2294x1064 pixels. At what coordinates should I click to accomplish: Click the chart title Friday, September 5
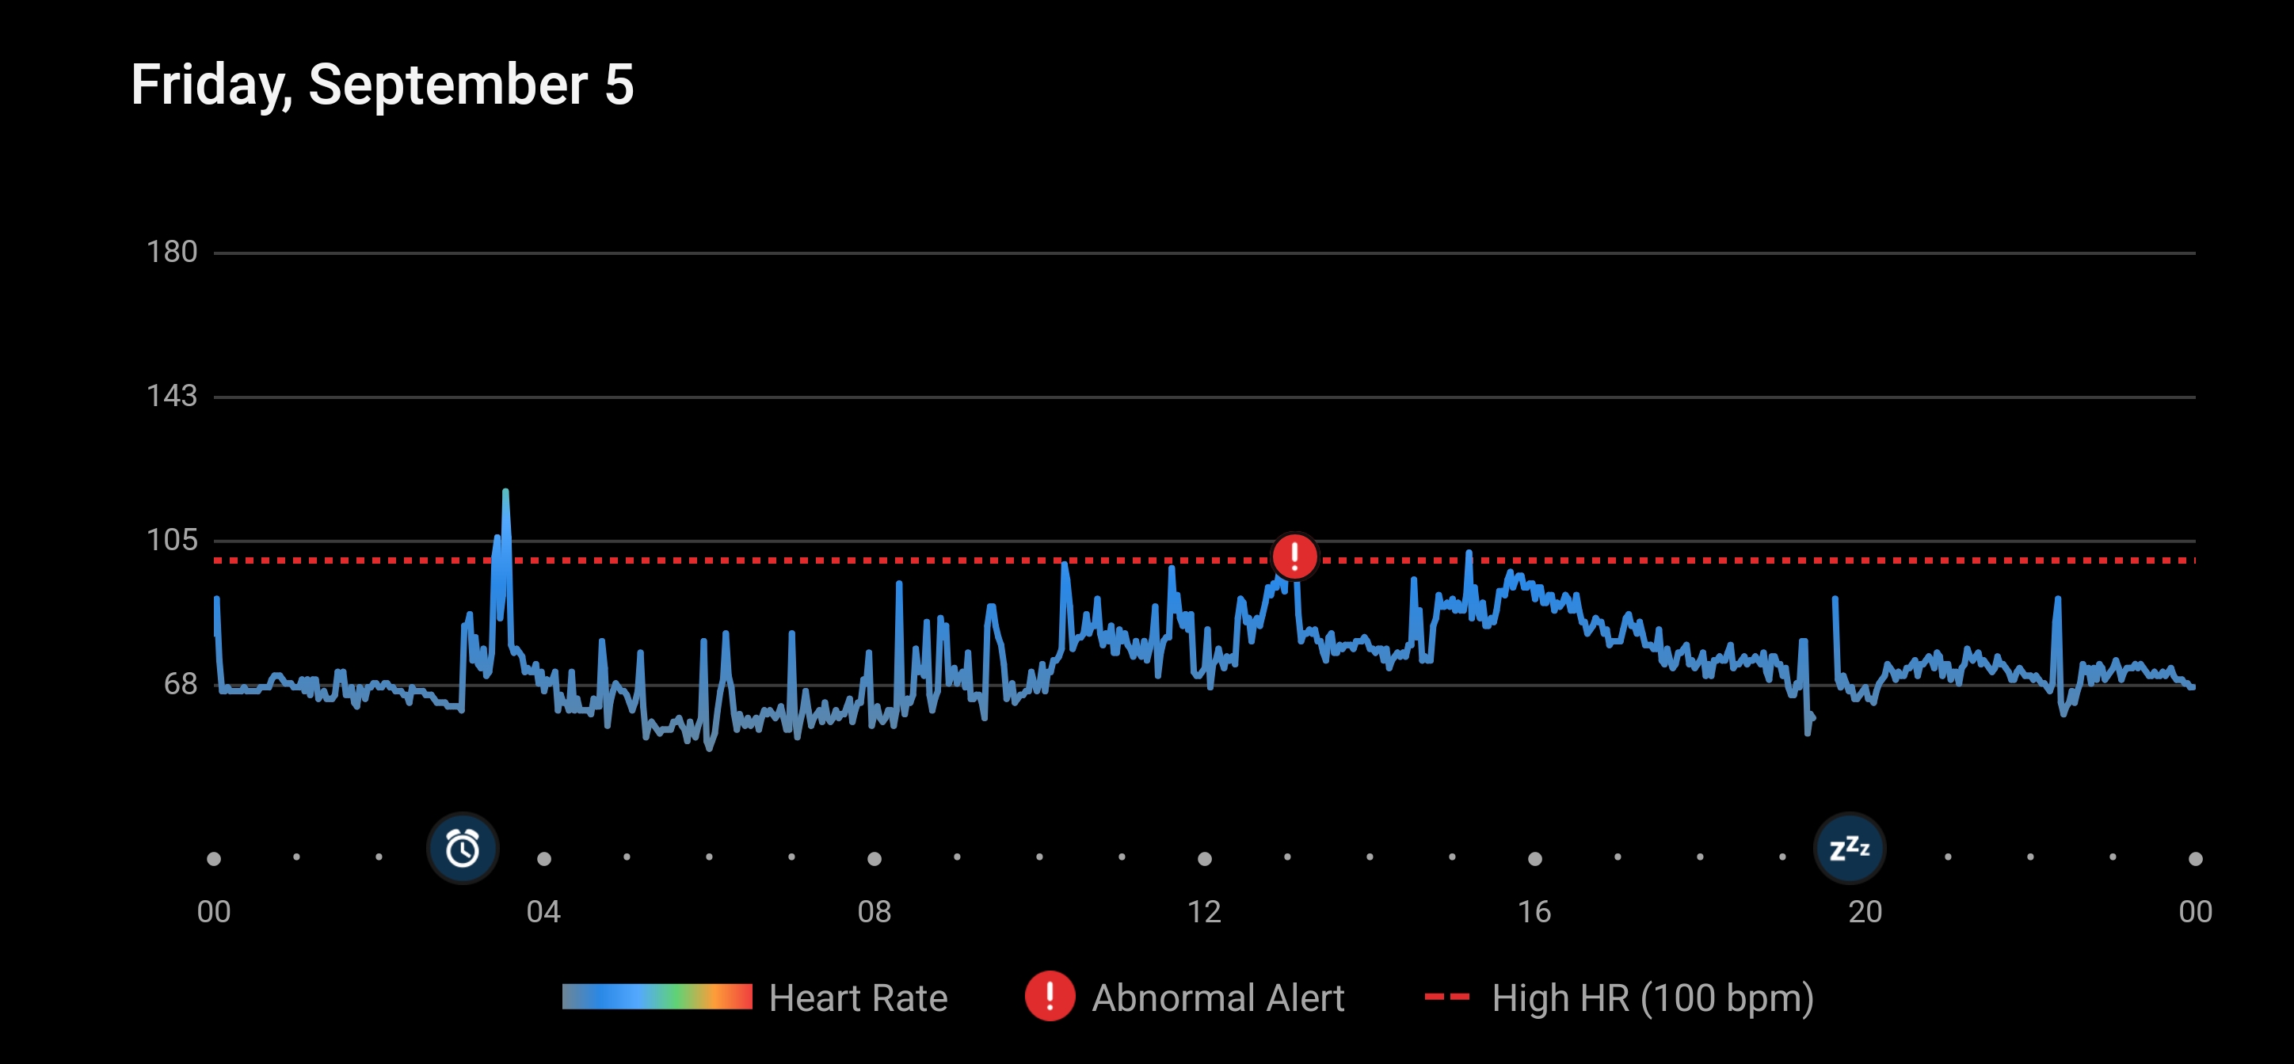(382, 85)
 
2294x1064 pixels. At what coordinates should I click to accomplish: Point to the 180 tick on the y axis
(172, 252)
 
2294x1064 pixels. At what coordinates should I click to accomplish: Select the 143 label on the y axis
(172, 396)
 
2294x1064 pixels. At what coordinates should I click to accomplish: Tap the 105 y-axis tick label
(172, 540)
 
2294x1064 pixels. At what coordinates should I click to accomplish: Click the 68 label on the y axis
(180, 684)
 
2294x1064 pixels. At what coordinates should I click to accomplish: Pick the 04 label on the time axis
(543, 912)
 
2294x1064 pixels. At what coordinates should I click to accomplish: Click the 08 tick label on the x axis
(874, 912)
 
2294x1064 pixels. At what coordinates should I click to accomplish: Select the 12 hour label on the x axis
(1204, 912)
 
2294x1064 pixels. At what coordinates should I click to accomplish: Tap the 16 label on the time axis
(1534, 912)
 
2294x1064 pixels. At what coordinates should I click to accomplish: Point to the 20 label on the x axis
(1865, 912)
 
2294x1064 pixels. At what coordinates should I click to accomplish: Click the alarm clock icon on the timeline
(462, 848)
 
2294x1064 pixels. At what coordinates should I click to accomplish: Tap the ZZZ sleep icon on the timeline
(1849, 848)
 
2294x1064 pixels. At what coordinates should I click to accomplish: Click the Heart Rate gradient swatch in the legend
(657, 997)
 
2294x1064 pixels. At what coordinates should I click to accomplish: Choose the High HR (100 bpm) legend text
(1653, 998)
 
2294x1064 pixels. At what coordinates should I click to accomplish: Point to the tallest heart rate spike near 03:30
(506, 492)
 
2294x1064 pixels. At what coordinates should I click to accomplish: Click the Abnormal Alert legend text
(1218, 998)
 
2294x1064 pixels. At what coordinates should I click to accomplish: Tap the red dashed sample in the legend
(1447, 997)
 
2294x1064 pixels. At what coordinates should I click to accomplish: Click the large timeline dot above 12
(1204, 858)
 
